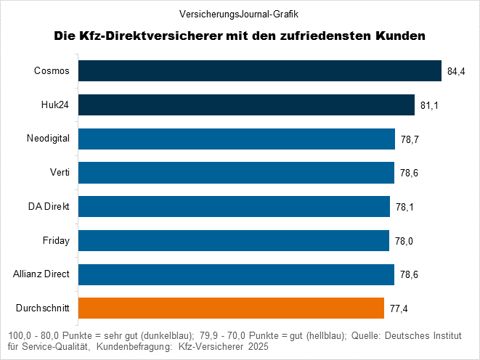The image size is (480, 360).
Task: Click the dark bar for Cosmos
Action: tap(260, 71)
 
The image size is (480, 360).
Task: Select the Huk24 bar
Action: tap(246, 105)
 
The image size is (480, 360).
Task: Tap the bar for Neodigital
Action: tap(237, 139)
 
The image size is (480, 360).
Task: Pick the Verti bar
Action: tap(237, 173)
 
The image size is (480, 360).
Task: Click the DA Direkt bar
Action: tap(234, 207)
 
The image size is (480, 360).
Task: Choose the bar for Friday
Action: tap(234, 240)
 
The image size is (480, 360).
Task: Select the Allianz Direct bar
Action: tap(237, 274)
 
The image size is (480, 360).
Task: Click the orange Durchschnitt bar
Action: tap(231, 308)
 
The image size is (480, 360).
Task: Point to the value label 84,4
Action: tap(457, 71)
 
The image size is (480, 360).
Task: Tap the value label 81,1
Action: tap(429, 105)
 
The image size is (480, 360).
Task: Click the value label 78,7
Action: tap(410, 139)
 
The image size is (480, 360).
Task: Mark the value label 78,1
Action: tap(405, 207)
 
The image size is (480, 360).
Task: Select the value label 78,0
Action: tap(405, 240)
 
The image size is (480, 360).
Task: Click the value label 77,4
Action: tap(399, 308)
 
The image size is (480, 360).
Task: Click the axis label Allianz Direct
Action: tap(41, 274)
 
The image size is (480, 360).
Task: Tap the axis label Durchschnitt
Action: tap(43, 308)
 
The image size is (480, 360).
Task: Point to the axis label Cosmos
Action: tap(52, 71)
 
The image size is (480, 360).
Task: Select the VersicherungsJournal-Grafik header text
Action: tap(240, 14)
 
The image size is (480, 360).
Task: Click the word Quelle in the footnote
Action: tap(367, 336)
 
